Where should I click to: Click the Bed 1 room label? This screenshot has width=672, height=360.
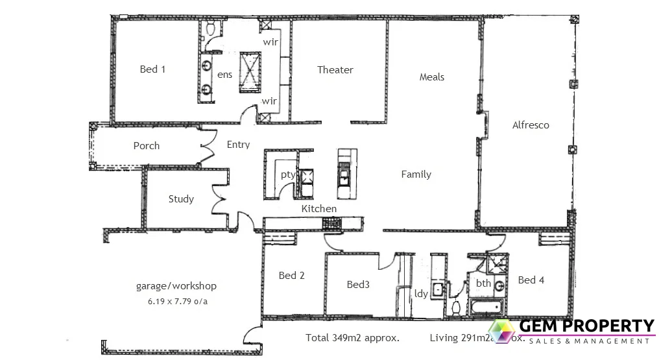pyautogui.click(x=152, y=69)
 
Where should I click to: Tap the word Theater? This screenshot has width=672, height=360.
pyautogui.click(x=335, y=70)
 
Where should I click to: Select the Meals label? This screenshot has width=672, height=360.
pyautogui.click(x=432, y=77)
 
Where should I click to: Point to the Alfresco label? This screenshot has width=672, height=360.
pyautogui.click(x=530, y=125)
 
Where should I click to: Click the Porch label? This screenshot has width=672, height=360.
pyautogui.click(x=147, y=146)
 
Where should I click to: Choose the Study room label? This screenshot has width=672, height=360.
pyautogui.click(x=181, y=199)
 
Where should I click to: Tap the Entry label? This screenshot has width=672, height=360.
pyautogui.click(x=238, y=145)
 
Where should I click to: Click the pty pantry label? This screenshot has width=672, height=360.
pyautogui.click(x=288, y=174)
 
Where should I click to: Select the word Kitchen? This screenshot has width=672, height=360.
pyautogui.click(x=319, y=209)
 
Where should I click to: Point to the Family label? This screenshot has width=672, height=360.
pyautogui.click(x=416, y=174)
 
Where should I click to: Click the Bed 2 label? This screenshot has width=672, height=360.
pyautogui.click(x=292, y=276)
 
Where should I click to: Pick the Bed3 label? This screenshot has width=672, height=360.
pyautogui.click(x=358, y=284)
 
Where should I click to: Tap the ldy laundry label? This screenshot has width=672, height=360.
pyautogui.click(x=421, y=294)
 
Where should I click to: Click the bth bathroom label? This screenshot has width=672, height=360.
pyautogui.click(x=483, y=283)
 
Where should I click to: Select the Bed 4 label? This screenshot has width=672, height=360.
pyautogui.click(x=531, y=280)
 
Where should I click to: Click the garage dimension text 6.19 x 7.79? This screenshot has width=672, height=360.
pyautogui.click(x=176, y=301)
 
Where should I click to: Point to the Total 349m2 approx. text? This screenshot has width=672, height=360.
pyautogui.click(x=352, y=338)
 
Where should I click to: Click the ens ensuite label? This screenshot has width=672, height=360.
pyautogui.click(x=224, y=75)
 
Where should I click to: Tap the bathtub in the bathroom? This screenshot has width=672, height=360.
pyautogui.click(x=485, y=307)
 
